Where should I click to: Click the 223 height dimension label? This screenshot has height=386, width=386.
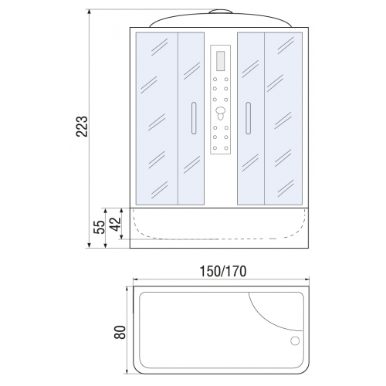point(82,126)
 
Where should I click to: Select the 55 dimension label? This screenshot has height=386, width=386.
point(100,227)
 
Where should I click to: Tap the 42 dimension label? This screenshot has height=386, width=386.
point(115,224)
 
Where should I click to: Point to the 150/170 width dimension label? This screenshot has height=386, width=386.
point(223,271)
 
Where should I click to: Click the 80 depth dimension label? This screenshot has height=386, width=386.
point(120,332)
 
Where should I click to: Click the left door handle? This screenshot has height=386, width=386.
point(194,118)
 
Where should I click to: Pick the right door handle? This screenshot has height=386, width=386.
point(248,118)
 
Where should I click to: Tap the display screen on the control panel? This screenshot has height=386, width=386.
point(221,60)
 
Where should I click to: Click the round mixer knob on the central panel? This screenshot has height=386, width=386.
point(221,112)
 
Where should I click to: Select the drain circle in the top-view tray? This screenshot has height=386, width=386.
point(295,341)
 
